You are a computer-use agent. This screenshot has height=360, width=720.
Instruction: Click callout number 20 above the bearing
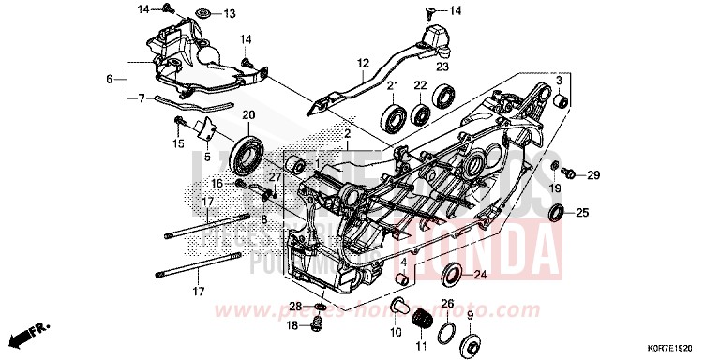(248, 115)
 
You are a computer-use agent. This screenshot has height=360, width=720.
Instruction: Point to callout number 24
(480, 275)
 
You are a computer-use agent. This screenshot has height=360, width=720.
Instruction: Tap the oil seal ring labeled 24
(452, 275)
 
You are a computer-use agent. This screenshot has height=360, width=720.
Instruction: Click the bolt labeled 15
(179, 123)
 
